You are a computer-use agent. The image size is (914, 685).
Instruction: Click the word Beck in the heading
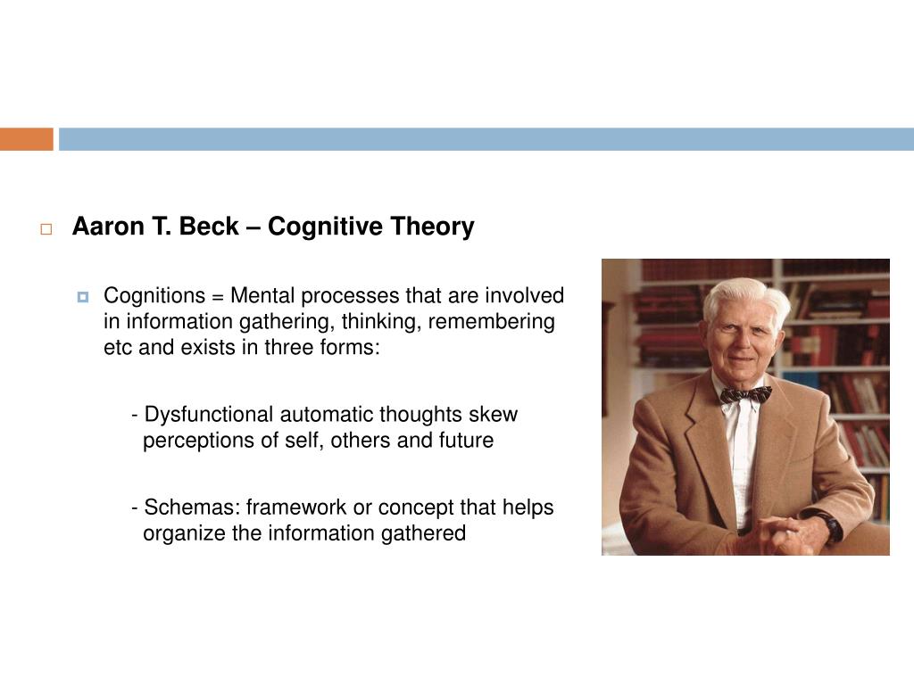coord(209,227)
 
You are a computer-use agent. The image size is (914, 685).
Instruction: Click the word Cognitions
coord(154,295)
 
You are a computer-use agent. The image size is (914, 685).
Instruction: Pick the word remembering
coord(501,321)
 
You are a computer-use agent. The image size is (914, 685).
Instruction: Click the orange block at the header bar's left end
coord(26,139)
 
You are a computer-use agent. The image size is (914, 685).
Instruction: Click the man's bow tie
coord(745,394)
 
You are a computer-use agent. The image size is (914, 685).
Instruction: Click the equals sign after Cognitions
coord(218,296)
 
